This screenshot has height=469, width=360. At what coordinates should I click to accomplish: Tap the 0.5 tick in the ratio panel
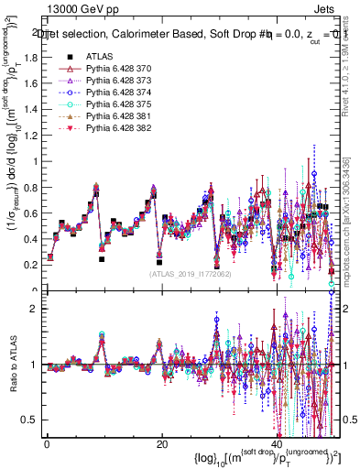28,420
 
